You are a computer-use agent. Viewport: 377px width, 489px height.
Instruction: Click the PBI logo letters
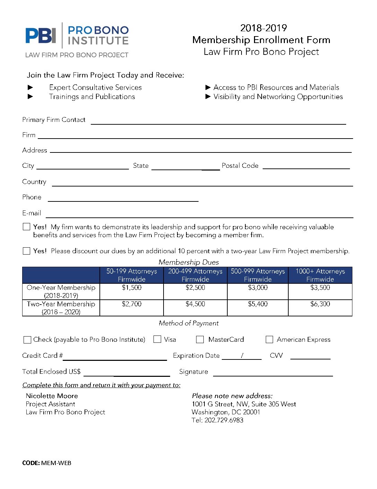pos(41,35)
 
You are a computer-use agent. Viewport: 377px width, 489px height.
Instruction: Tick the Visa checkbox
pos(157,339)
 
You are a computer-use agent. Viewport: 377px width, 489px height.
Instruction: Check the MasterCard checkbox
pos(200,339)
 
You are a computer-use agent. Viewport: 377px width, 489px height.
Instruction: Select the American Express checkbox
pos(269,339)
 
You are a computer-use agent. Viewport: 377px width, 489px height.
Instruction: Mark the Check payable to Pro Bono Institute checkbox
pos(27,340)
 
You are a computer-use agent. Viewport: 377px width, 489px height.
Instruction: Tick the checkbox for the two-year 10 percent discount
pos(26,251)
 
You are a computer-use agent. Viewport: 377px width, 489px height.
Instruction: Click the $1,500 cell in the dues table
pos(132,288)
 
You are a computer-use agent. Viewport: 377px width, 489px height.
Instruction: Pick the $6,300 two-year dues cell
pos(320,304)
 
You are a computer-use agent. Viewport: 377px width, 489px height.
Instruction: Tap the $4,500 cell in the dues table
pos(195,304)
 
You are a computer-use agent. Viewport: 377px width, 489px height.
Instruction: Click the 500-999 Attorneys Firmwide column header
pos(258,275)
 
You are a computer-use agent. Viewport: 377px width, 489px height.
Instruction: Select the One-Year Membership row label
pos(61,291)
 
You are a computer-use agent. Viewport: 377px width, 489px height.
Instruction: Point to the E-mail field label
pos(32,213)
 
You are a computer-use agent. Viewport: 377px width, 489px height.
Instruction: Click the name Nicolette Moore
pos(52,396)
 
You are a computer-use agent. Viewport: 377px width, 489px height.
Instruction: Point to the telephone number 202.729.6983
pos(224,420)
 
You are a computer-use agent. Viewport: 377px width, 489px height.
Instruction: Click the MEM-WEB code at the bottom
pos(56,463)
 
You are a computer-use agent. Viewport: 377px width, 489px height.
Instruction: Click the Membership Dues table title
pos(189,262)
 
